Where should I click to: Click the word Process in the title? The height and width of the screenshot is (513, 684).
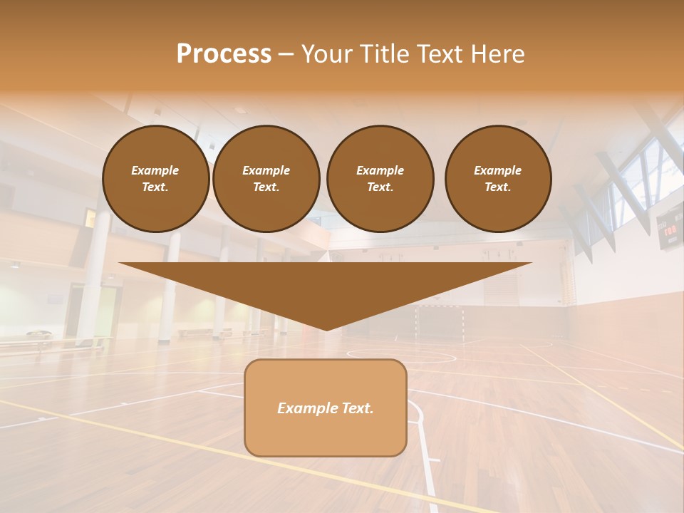coord(224,54)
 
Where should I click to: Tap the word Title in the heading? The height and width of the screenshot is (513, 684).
coord(380,54)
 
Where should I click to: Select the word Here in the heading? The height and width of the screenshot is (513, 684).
coord(497,54)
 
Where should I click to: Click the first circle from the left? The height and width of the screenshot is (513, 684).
coord(155,178)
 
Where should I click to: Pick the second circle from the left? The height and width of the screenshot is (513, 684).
coord(266,178)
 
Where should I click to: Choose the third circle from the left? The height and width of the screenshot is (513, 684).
coord(380,178)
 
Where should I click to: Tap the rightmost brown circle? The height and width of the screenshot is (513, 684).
coord(497,178)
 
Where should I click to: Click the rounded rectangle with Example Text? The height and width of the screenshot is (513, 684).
coord(325,408)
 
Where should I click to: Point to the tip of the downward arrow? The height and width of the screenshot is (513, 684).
coord(326,329)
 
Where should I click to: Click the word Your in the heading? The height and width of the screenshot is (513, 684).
coord(325,54)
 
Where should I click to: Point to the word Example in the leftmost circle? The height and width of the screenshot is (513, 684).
coord(155,170)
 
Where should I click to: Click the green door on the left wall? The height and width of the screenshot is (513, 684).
coord(107,310)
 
